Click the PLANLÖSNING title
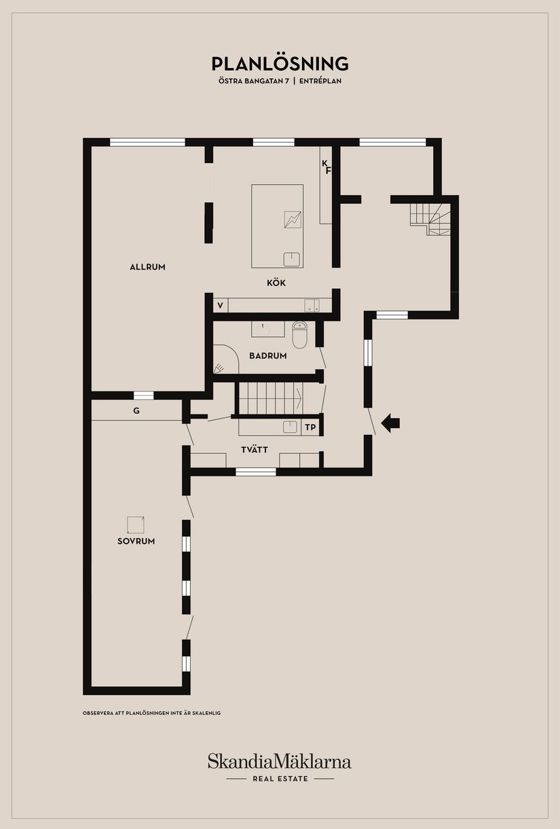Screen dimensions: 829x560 [280, 64]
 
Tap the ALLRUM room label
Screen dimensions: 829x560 [147, 267]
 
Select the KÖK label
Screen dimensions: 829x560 [275, 283]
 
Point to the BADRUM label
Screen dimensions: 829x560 [267, 355]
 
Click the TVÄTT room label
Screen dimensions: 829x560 [255, 449]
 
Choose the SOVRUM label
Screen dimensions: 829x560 [136, 542]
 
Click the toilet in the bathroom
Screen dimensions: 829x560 [299, 334]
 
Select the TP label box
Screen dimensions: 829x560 [310, 427]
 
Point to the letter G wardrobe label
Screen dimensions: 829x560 [136, 410]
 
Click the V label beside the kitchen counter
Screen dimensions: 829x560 [220, 306]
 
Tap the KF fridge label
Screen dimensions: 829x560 [326, 166]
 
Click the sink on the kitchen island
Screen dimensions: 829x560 [292, 259]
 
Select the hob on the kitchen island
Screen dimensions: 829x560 [293, 219]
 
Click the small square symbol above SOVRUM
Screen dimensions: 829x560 [136, 525]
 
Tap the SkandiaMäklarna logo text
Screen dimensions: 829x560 [280, 760]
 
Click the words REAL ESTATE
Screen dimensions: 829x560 [280, 779]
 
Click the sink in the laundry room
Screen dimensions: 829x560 [291, 427]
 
